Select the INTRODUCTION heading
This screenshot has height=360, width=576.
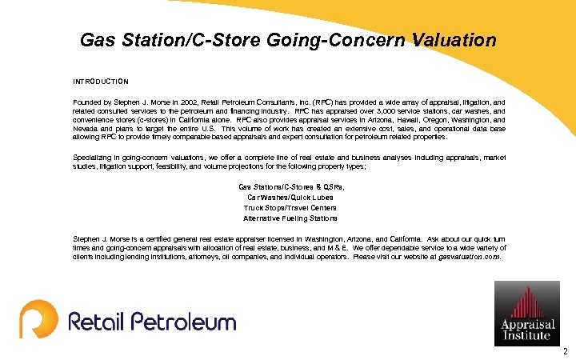click(100, 82)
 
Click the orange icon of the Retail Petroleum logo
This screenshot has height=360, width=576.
click(39, 318)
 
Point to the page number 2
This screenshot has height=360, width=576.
click(565, 351)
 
